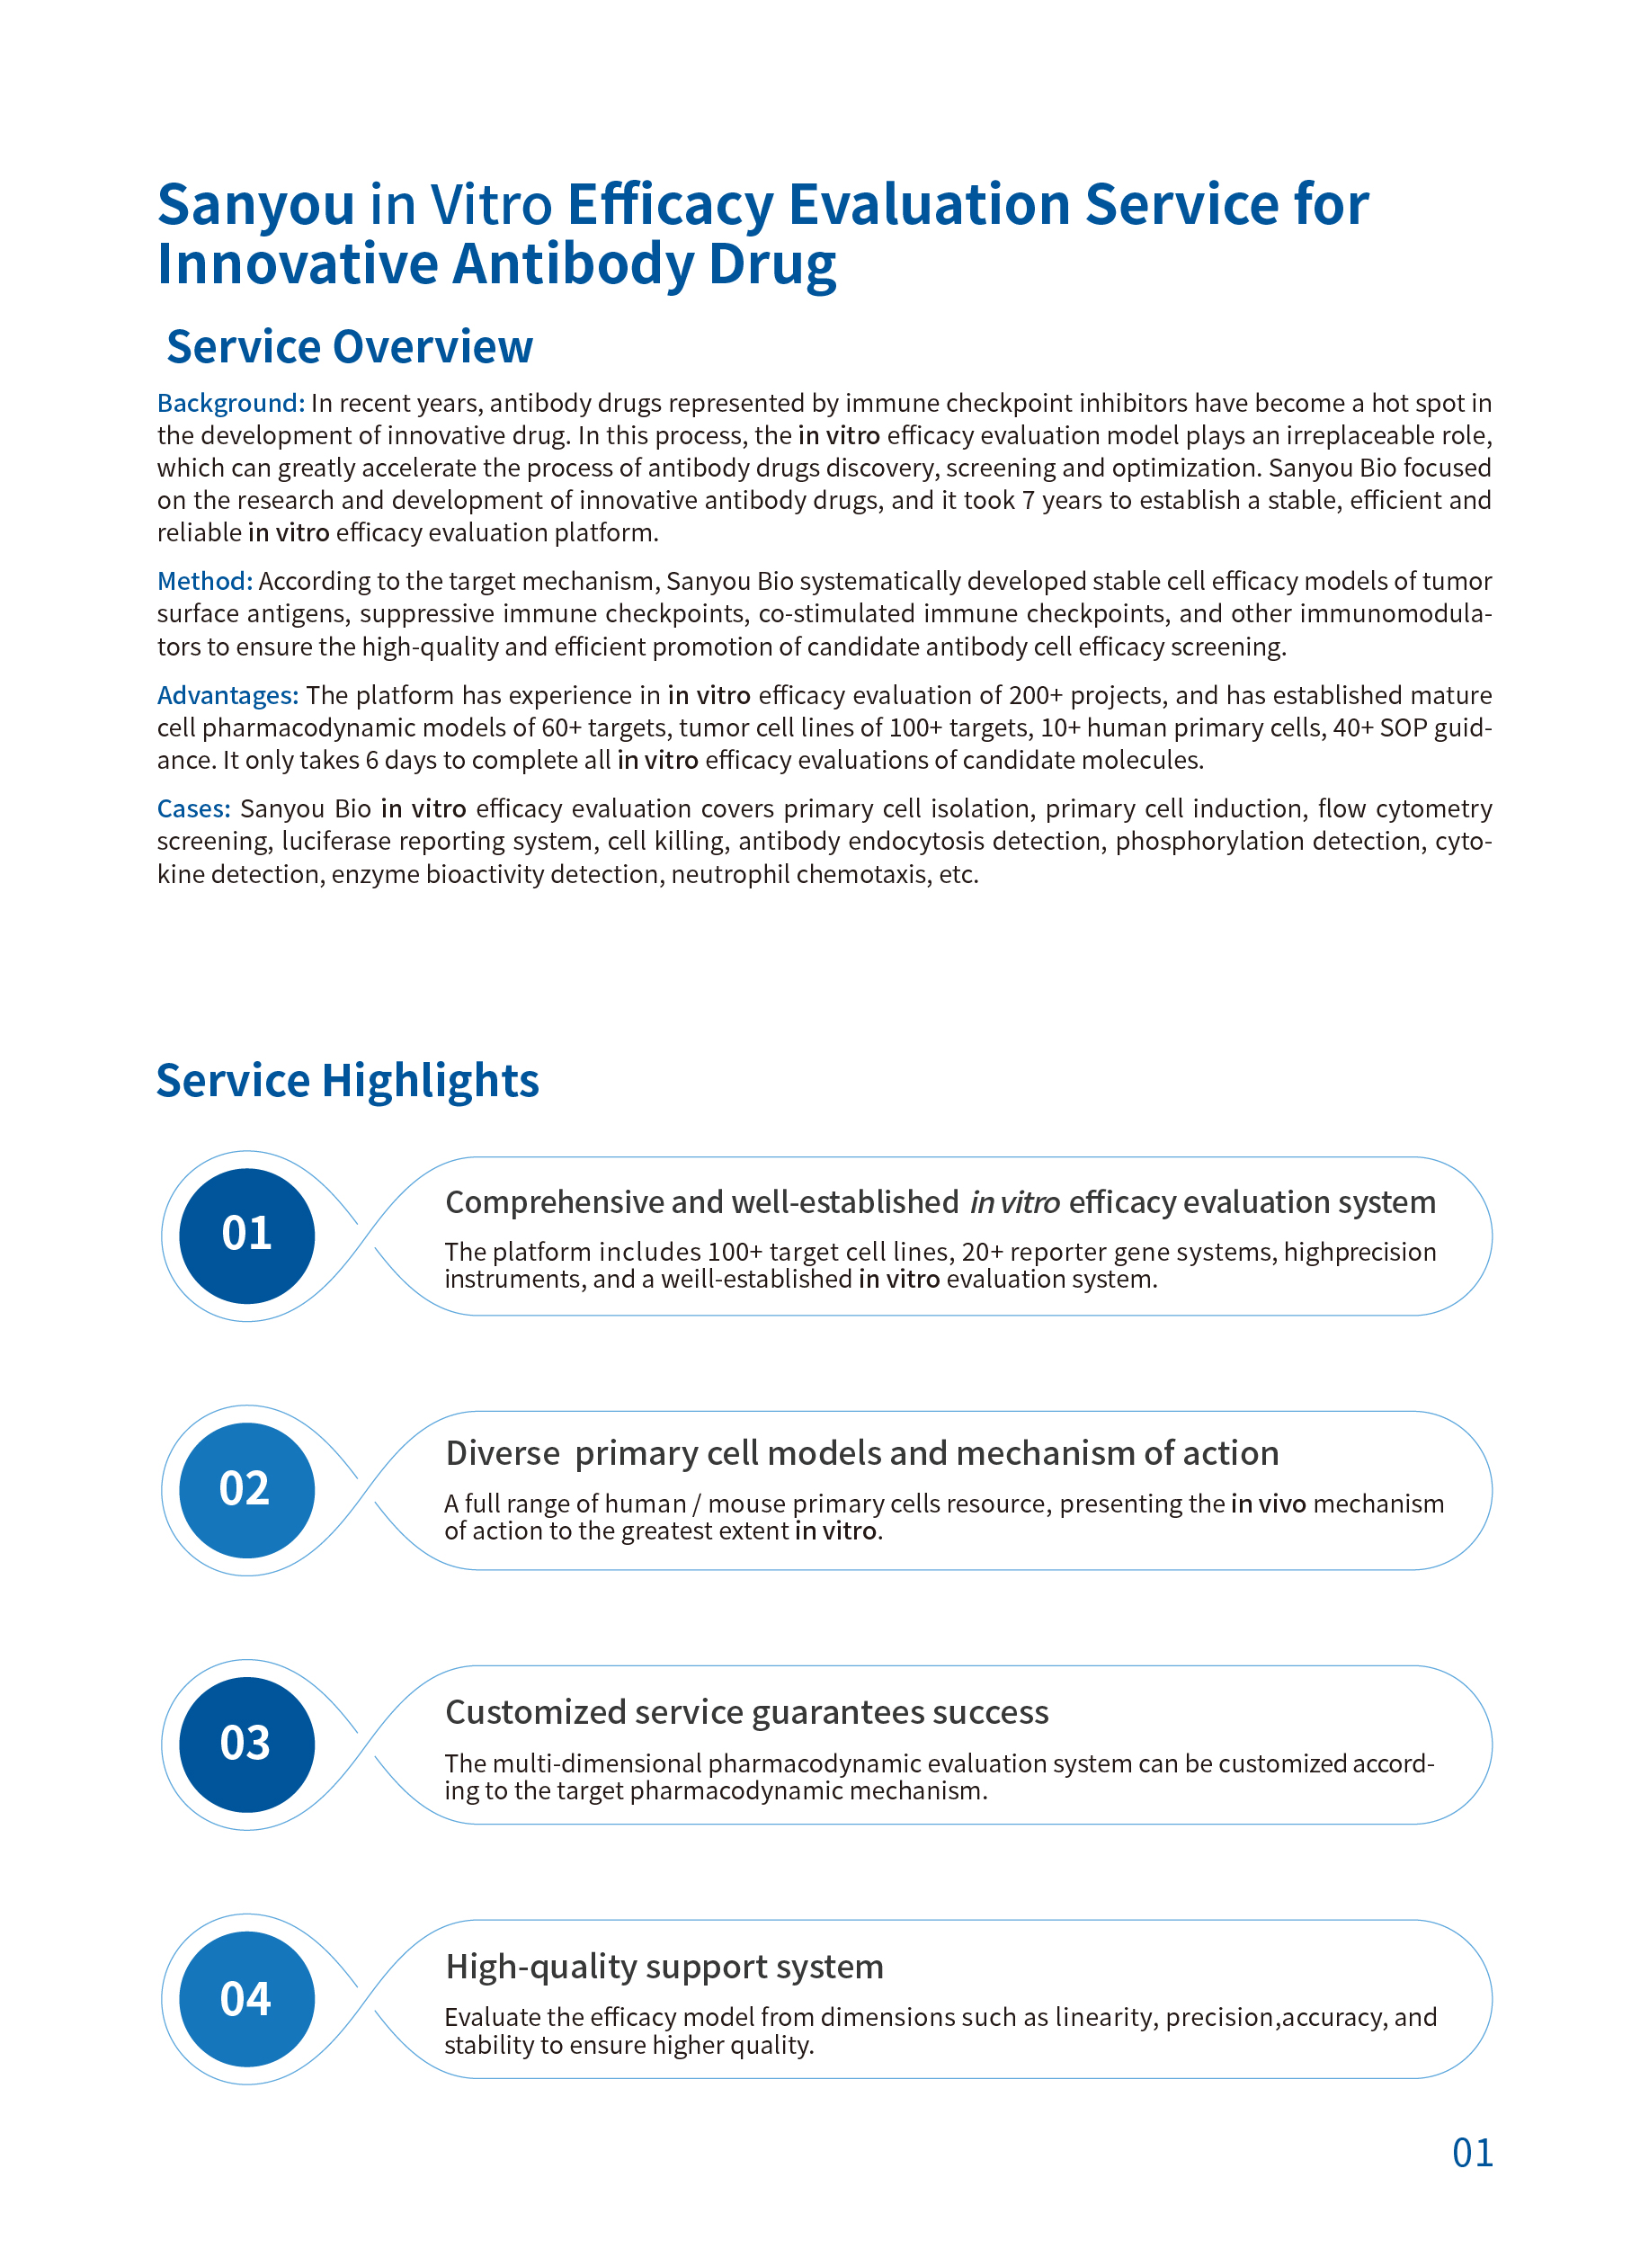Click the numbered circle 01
(246, 1235)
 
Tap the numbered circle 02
(246, 1489)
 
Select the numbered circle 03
(246, 1744)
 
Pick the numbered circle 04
(246, 1998)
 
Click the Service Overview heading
(350, 347)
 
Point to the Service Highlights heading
(347, 1081)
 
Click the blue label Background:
(230, 403)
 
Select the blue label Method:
(205, 581)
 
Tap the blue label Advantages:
(227, 695)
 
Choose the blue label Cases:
(193, 808)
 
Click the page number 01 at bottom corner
(1473, 2153)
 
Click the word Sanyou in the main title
(255, 205)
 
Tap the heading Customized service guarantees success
(746, 1712)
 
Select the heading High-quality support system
(664, 1967)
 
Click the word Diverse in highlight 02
(502, 1453)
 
